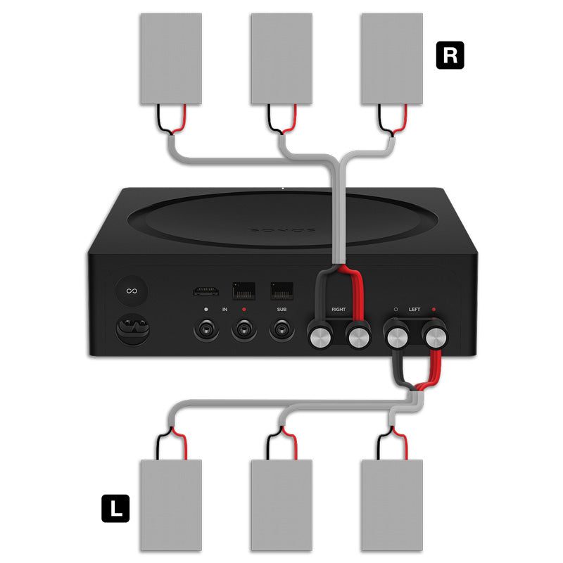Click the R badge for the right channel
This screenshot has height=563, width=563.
coord(450,56)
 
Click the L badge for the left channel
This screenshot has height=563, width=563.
coord(115,508)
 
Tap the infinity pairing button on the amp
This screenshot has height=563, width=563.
coord(130,291)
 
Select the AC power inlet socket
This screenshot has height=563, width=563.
coord(131,330)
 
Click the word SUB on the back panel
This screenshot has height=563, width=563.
coord(282,310)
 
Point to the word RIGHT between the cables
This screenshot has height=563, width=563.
coord(339,309)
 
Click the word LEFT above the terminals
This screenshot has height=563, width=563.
coord(415,309)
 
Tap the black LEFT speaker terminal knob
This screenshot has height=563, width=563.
coord(396,336)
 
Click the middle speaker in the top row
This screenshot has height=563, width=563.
coord(281,58)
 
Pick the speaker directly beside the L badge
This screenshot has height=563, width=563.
coord(171,505)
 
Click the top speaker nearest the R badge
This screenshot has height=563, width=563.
coord(392,58)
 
